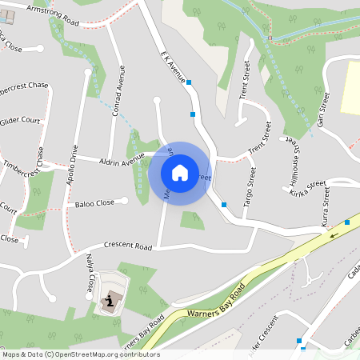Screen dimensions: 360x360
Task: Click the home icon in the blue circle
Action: coord(180,173)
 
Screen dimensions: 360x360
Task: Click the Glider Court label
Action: coord(21,121)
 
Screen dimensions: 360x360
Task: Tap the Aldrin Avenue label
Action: coord(122,162)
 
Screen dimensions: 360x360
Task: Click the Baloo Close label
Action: coord(94,204)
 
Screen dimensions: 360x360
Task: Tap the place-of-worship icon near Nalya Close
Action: coord(107,302)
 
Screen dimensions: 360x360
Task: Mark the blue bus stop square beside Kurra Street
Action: coord(347,222)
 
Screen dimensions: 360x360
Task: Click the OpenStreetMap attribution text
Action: coord(80,354)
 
